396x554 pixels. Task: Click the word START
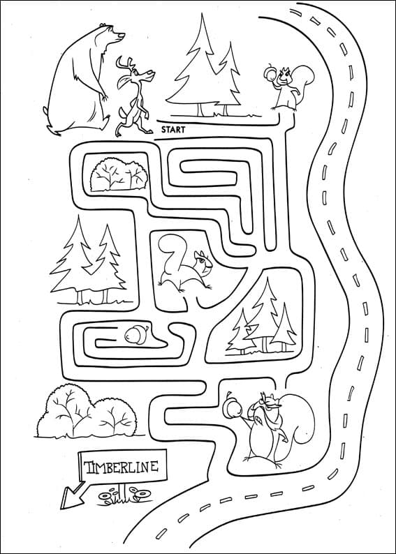point(173,130)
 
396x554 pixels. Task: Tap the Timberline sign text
point(122,467)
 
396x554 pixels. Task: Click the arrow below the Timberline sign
point(71,495)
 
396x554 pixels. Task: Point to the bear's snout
point(119,36)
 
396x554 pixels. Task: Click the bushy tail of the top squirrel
point(305,80)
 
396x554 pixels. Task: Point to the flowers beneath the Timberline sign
point(124,495)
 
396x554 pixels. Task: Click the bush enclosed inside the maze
point(119,174)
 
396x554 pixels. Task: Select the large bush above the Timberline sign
point(87,412)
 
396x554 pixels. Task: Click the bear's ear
point(103,26)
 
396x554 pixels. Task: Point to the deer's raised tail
point(122,114)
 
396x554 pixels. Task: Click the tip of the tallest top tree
point(202,14)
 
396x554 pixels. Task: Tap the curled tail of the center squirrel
point(172,254)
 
